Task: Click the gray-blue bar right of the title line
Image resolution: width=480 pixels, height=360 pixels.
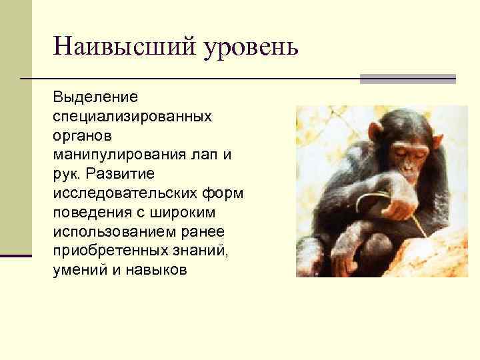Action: click(407, 79)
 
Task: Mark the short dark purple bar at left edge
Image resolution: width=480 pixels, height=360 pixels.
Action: click(16, 255)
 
